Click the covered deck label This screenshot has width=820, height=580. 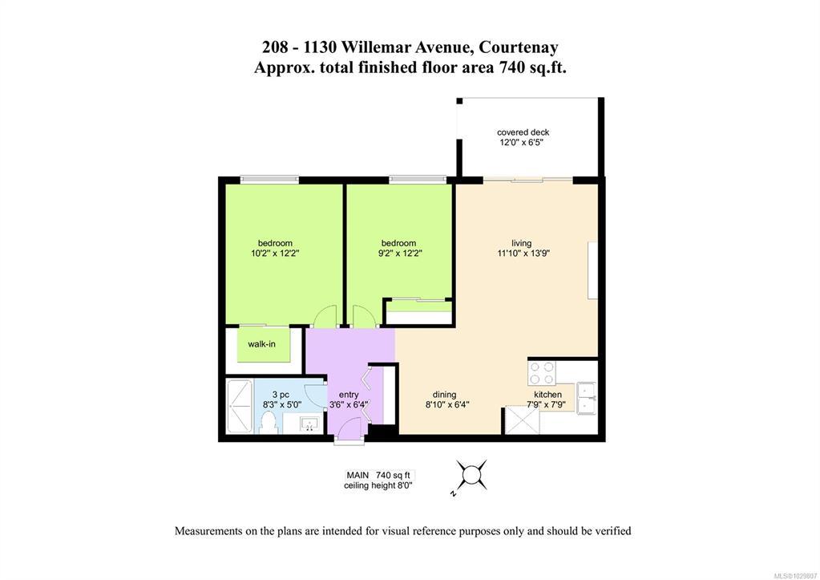[x=523, y=132]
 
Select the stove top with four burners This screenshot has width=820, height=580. [x=542, y=373]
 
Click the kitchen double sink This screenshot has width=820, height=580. [x=586, y=398]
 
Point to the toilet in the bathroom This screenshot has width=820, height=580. [x=269, y=423]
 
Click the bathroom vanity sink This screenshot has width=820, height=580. [x=311, y=424]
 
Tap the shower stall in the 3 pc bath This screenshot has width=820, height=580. [x=240, y=406]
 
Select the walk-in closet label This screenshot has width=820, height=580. [x=261, y=344]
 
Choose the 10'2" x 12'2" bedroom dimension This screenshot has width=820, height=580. [x=275, y=253]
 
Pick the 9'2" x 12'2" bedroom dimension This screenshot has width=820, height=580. [x=398, y=253]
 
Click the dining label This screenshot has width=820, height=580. [x=445, y=395]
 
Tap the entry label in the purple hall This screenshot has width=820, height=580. [x=349, y=395]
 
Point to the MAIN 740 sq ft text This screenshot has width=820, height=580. [x=378, y=475]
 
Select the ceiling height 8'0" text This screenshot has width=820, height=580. [x=378, y=486]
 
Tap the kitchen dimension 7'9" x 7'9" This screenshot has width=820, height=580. [x=546, y=404]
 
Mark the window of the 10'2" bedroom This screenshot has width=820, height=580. [x=269, y=180]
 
